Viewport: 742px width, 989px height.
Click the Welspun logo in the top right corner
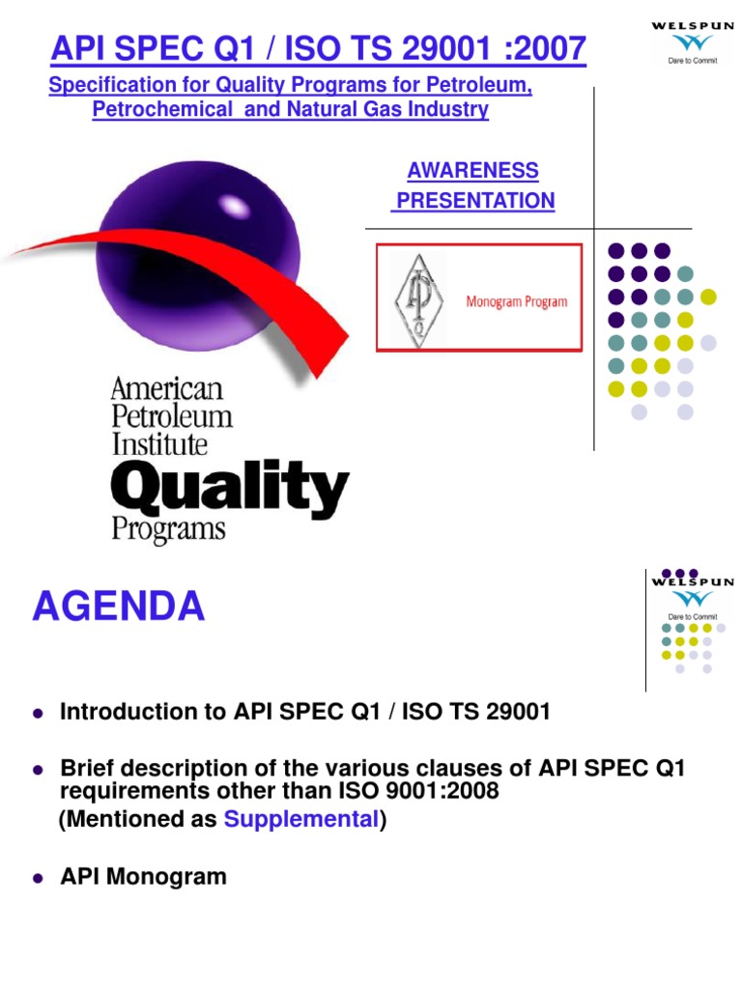691,40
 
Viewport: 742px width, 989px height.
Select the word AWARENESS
472,171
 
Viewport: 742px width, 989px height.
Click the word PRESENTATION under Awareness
474,201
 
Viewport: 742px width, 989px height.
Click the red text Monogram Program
517,301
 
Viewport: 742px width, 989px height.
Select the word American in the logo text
166,390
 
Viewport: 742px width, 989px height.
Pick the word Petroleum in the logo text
172,417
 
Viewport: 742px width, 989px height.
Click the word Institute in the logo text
159,444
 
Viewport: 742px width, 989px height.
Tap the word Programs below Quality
168,529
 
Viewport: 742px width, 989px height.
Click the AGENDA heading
118,608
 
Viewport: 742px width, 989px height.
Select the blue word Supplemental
300,820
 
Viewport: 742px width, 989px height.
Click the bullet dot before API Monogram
39,879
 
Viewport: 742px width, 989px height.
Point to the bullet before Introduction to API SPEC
39,714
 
